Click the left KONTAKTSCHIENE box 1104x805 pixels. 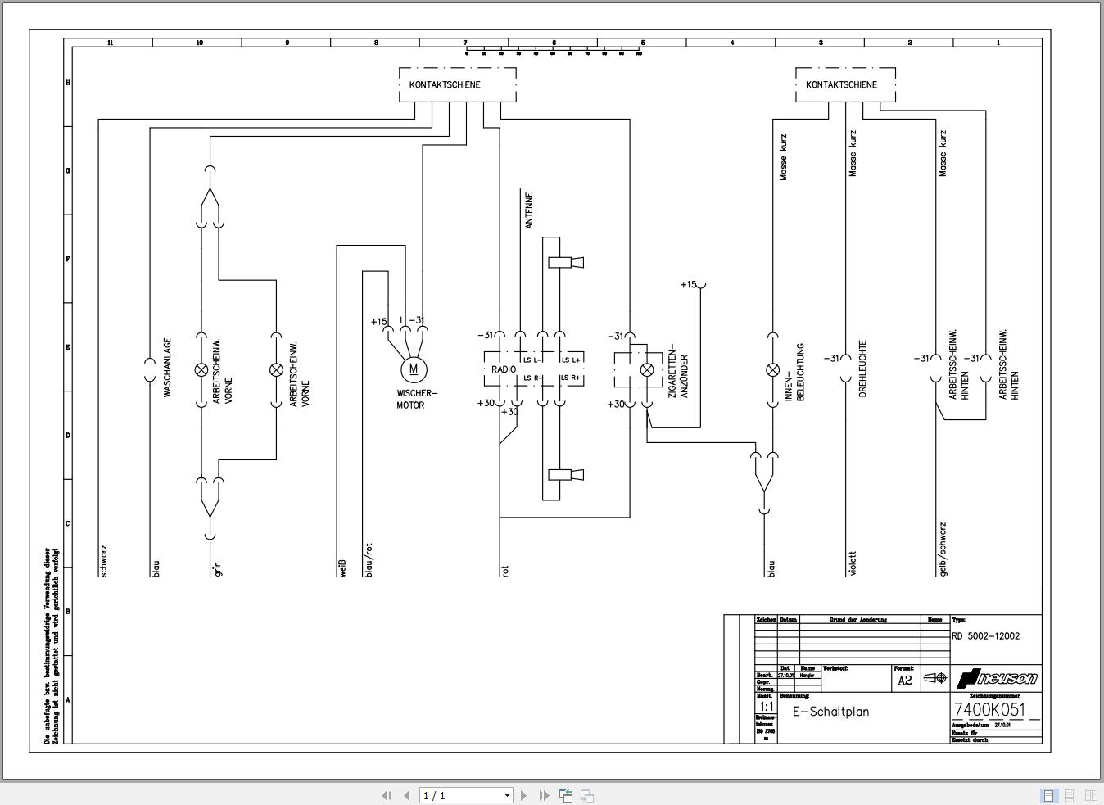click(457, 85)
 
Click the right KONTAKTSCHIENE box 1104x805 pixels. click(845, 85)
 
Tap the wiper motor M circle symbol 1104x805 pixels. click(414, 369)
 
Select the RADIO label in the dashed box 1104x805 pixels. click(504, 369)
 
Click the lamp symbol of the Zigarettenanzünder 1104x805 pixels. click(647, 370)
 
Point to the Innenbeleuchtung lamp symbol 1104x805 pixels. click(772, 370)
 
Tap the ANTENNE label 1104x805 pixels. click(529, 210)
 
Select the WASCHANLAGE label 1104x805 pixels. click(168, 368)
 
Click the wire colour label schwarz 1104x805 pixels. click(103, 561)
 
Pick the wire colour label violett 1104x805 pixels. click(853, 563)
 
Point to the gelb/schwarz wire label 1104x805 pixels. click(943, 549)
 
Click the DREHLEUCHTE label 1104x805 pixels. click(862, 369)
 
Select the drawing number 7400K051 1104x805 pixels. click(989, 710)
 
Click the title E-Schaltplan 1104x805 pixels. click(830, 712)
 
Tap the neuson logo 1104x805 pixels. click(997, 678)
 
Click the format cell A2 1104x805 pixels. click(905, 680)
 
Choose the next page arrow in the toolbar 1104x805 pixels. click(524, 795)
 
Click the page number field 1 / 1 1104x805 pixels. click(465, 795)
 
